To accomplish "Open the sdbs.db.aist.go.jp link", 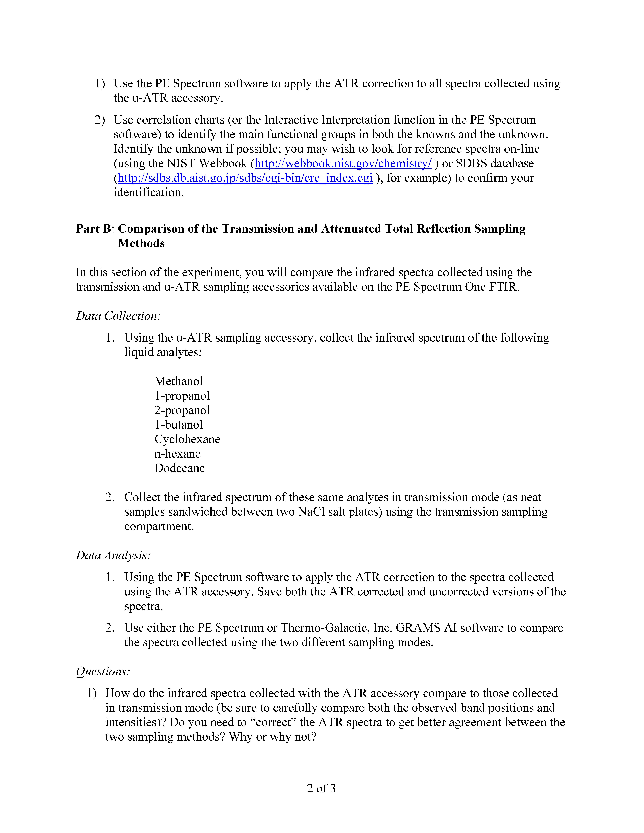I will pos(245,178).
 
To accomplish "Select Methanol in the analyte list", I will pos(178,381).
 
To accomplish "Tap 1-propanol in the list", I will pos(182,396).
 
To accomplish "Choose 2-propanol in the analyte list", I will pos(182,410).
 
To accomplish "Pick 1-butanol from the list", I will pos(178,424).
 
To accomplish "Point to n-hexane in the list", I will pos(177,453).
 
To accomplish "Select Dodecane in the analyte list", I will pos(179,468).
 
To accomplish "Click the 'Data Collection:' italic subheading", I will pos(118,316).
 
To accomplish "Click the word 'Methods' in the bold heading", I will pos(141,243).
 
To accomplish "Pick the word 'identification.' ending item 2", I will pos(148,193).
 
